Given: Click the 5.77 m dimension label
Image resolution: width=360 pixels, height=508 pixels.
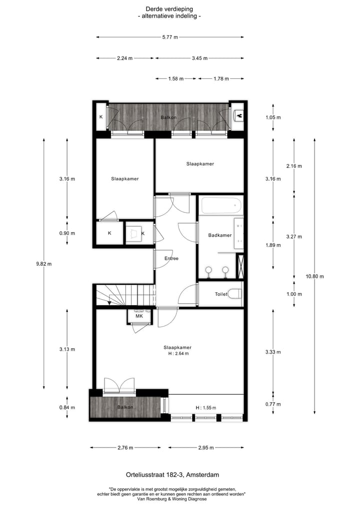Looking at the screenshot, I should point(169,37).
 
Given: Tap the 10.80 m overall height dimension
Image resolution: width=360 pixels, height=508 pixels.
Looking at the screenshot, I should point(314,276).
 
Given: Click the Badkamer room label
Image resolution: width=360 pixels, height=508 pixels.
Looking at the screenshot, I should point(220,235).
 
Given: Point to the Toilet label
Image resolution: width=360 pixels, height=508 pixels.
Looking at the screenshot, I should point(221,294).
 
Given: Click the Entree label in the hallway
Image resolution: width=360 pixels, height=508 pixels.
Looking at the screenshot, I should point(171,258).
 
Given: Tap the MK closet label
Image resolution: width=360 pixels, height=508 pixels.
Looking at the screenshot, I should point(139,316).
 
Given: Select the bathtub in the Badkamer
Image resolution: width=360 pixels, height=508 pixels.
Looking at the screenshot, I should point(221,205).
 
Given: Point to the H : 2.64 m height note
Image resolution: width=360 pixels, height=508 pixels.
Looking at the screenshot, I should point(177,354).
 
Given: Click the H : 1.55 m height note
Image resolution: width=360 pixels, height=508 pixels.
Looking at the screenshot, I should point(205,408).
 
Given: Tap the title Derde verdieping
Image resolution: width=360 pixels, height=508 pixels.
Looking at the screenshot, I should point(169,9).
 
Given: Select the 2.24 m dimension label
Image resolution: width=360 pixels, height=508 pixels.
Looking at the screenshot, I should point(124,58).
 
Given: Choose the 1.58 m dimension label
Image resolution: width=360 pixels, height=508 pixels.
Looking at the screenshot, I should point(176,79).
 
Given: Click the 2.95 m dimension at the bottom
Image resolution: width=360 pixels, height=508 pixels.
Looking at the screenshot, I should point(206,448).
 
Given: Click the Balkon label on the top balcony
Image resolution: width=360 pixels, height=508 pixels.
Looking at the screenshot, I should point(168,117).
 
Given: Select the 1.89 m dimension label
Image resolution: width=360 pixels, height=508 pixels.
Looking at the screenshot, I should point(273,245).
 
